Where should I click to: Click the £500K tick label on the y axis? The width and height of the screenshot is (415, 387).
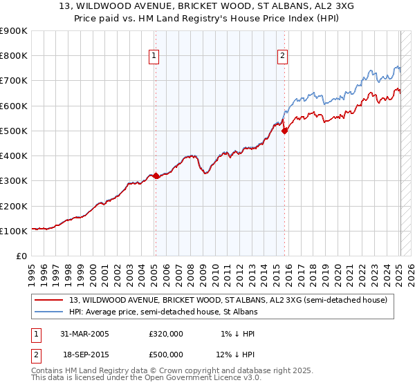pyautogui.click(x=14, y=131)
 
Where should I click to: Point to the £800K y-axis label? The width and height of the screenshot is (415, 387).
pyautogui.click(x=14, y=56)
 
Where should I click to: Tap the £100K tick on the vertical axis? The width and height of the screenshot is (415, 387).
pyautogui.click(x=14, y=231)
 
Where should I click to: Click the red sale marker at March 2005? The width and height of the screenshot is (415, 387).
pyautogui.click(x=156, y=176)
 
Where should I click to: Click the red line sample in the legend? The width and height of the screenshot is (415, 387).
pyautogui.click(x=49, y=299)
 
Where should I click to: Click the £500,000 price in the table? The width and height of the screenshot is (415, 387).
pyautogui.click(x=166, y=355)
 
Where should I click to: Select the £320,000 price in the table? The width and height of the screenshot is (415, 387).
pyautogui.click(x=166, y=334)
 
